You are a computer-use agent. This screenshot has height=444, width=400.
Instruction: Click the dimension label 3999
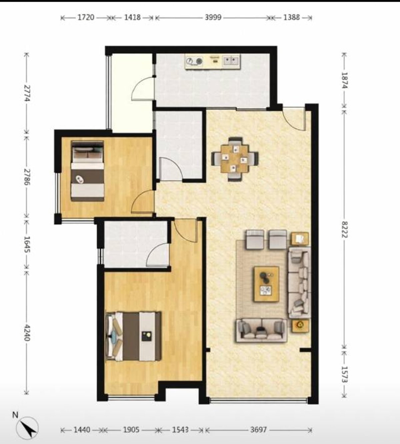coord(213,17)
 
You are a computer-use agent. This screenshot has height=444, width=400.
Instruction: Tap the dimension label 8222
coord(344,230)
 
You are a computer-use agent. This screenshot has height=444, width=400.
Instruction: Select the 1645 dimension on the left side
coord(27,244)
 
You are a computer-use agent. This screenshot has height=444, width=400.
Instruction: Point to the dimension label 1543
coord(180,430)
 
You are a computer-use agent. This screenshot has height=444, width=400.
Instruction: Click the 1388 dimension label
coord(292,17)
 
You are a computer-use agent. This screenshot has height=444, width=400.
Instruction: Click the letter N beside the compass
coord(15,415)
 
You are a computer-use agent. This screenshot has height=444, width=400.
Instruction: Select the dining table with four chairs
coord(235,159)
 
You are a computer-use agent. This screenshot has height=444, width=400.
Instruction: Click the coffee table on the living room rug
coord(266,284)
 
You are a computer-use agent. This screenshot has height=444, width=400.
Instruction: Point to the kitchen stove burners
coord(194,61)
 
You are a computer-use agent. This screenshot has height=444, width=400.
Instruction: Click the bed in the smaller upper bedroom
coord(87,171)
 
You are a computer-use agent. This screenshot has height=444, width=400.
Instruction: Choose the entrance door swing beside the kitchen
coord(294,119)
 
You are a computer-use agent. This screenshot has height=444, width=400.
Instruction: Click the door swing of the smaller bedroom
coord(143,202)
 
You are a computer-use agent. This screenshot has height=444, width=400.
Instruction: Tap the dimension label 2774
coord(27,93)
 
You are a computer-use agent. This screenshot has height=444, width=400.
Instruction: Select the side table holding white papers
coord(300,239)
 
